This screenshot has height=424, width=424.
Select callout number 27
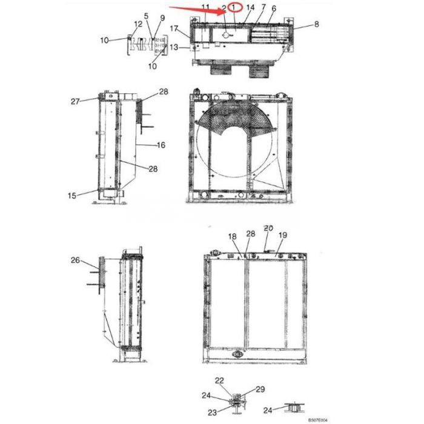[75, 102]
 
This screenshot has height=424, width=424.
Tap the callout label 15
[73, 195]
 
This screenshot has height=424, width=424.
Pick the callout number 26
[75, 260]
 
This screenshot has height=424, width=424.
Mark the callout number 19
[282, 235]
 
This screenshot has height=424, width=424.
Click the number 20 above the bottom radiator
[268, 228]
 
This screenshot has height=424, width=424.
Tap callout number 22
[219, 380]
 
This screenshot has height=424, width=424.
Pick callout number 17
[174, 28]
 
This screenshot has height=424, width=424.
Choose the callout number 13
[174, 47]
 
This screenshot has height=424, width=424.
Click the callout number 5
[145, 15]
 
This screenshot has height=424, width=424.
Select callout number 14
[251, 7]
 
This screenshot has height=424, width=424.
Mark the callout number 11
[205, 7]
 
